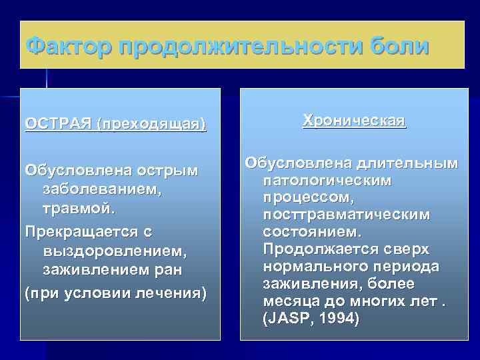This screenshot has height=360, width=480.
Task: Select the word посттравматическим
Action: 347,215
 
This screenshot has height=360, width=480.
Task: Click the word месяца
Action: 290,301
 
